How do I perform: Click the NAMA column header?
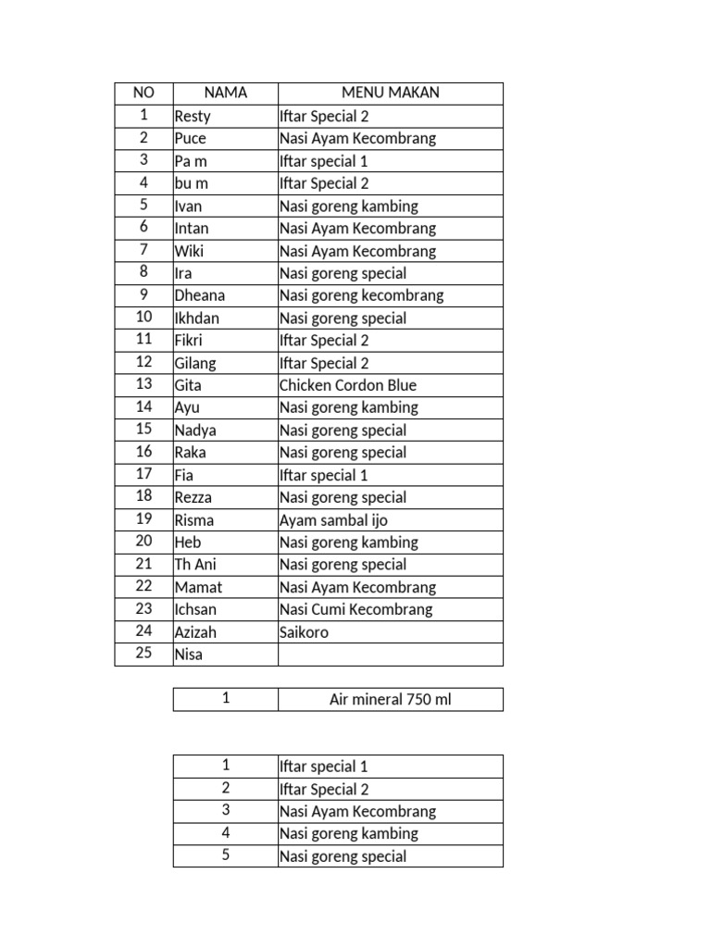(226, 93)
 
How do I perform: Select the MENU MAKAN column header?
(390, 93)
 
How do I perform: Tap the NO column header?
(143, 93)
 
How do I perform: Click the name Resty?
(193, 116)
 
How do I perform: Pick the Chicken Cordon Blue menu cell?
(348, 385)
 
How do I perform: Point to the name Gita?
(188, 385)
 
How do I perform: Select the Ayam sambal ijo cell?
(333, 520)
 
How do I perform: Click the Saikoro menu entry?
(304, 632)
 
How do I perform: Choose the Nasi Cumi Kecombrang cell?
(355, 609)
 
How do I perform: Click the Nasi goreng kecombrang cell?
(361, 295)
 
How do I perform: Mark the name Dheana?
(199, 295)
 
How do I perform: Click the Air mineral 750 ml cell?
(390, 700)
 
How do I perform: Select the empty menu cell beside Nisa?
(390, 655)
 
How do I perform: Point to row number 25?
(143, 655)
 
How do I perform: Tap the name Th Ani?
(195, 565)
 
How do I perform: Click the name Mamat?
(198, 587)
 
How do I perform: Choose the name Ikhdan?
(196, 318)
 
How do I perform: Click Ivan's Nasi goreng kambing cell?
(348, 206)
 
